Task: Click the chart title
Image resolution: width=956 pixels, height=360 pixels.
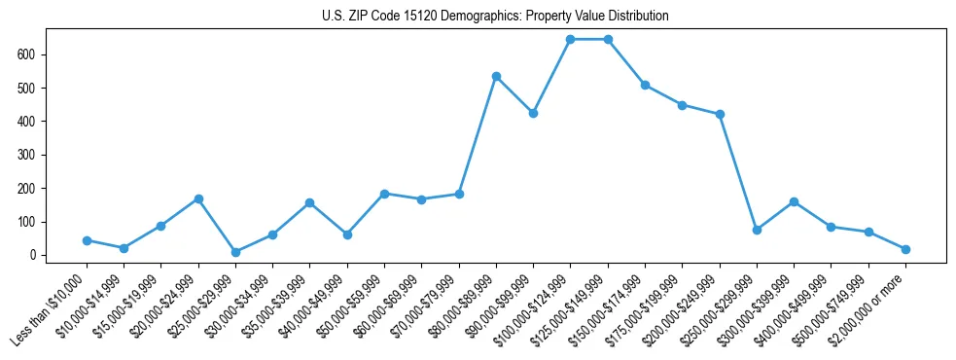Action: click(x=495, y=17)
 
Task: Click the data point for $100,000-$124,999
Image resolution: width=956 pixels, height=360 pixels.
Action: click(x=570, y=39)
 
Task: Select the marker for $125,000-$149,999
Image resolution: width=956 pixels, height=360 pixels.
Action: click(x=608, y=39)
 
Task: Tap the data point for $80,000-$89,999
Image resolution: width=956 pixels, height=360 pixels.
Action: click(x=496, y=76)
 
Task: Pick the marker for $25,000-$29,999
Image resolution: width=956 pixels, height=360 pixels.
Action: click(x=235, y=252)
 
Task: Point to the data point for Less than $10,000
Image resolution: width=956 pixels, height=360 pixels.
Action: click(x=87, y=240)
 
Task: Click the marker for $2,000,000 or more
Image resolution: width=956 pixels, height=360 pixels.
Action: click(x=905, y=249)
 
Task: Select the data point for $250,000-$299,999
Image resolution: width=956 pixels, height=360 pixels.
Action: click(x=757, y=230)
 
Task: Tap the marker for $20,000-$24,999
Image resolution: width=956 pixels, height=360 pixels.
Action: click(x=198, y=198)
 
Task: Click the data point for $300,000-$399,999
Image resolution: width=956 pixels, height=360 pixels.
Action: click(x=794, y=201)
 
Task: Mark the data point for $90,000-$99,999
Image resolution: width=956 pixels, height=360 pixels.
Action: click(x=533, y=113)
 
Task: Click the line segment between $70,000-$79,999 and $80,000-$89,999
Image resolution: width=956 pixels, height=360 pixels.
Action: click(x=478, y=135)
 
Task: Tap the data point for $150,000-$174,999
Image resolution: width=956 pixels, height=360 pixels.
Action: click(x=645, y=85)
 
